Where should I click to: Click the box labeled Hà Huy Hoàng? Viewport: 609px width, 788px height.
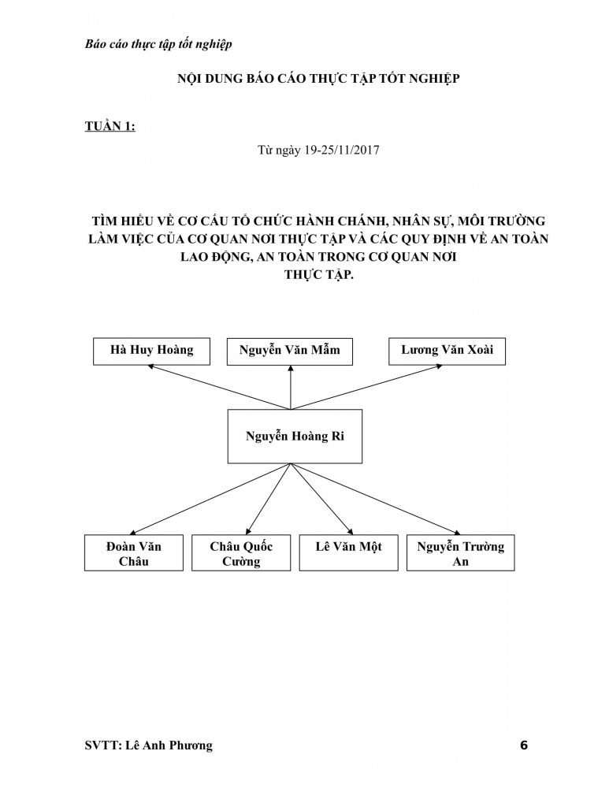tap(151, 351)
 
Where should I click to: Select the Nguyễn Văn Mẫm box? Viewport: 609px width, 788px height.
tap(289, 351)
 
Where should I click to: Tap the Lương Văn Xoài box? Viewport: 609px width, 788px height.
tap(447, 351)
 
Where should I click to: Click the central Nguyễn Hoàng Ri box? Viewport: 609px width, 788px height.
tap(295, 437)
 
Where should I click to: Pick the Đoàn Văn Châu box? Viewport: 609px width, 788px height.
tap(134, 553)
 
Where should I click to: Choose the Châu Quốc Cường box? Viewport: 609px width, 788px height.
tap(241, 553)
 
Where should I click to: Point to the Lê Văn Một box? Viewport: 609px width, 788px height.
tap(349, 553)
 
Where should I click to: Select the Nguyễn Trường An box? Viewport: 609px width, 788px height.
tap(460, 553)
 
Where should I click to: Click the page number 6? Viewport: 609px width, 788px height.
tap(524, 745)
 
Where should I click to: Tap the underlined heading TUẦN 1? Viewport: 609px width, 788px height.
tap(110, 126)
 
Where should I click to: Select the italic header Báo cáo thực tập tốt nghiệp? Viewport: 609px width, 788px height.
tap(158, 44)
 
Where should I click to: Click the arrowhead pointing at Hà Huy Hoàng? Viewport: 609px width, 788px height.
tap(150, 366)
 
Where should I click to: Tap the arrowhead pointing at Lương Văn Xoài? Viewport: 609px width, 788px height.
tap(439, 366)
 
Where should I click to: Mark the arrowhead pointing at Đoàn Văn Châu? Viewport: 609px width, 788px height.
tap(133, 532)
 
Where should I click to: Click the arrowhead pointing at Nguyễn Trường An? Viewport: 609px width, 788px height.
tap(457, 532)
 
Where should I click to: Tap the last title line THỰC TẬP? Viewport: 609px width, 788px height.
tap(319, 275)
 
